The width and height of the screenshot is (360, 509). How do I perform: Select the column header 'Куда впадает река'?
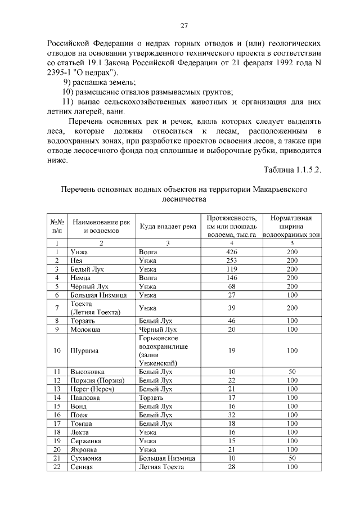pyautogui.click(x=168, y=226)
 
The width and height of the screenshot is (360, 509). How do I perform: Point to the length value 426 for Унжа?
pyautogui.click(x=231, y=252)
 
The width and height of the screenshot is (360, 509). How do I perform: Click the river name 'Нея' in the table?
pyautogui.click(x=76, y=261)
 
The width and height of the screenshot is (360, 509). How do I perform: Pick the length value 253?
pyautogui.click(x=231, y=261)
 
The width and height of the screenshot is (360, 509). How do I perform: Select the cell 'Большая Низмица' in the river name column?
pyautogui.click(x=98, y=295)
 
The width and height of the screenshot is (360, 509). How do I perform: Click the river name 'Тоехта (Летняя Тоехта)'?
pyautogui.click(x=94, y=308)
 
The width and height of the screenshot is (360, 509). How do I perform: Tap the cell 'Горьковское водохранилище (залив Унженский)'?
pyautogui.click(x=163, y=350)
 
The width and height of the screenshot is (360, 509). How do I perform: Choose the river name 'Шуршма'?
pyautogui.click(x=84, y=350)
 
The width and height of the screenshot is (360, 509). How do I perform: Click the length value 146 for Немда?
pyautogui.click(x=231, y=278)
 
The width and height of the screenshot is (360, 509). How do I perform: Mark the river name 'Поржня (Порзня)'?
pyautogui.click(x=97, y=380)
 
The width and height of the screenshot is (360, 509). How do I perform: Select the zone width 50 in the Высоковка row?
pyautogui.click(x=291, y=372)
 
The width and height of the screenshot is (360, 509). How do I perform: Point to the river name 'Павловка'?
pyautogui.click(x=86, y=397)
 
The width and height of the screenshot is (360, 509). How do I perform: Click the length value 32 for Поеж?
pyautogui.click(x=231, y=415)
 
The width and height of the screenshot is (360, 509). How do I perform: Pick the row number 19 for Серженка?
pyautogui.click(x=57, y=440)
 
